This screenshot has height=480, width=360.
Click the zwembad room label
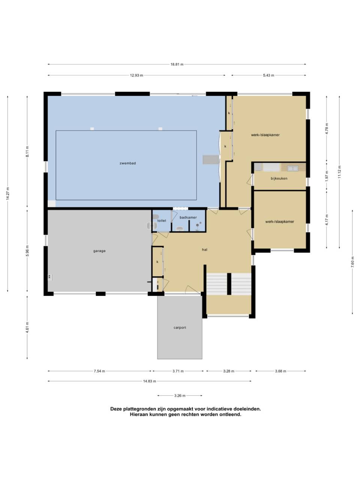[127, 163]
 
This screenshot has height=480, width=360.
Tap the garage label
[99, 251]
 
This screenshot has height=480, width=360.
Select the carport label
[180, 328]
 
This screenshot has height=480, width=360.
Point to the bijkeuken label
[279, 178]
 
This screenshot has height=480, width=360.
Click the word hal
[205, 249]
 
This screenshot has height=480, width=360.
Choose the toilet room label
[162, 220]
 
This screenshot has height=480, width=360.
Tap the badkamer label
[188, 217]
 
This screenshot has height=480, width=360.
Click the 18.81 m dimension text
[177, 64]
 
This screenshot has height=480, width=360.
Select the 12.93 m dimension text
[136, 75]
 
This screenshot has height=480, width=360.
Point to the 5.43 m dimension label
[268, 75]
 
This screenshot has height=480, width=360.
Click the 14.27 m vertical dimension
[7, 193]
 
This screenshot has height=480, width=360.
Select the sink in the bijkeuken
[292, 168]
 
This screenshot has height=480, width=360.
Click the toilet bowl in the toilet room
[155, 217]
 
